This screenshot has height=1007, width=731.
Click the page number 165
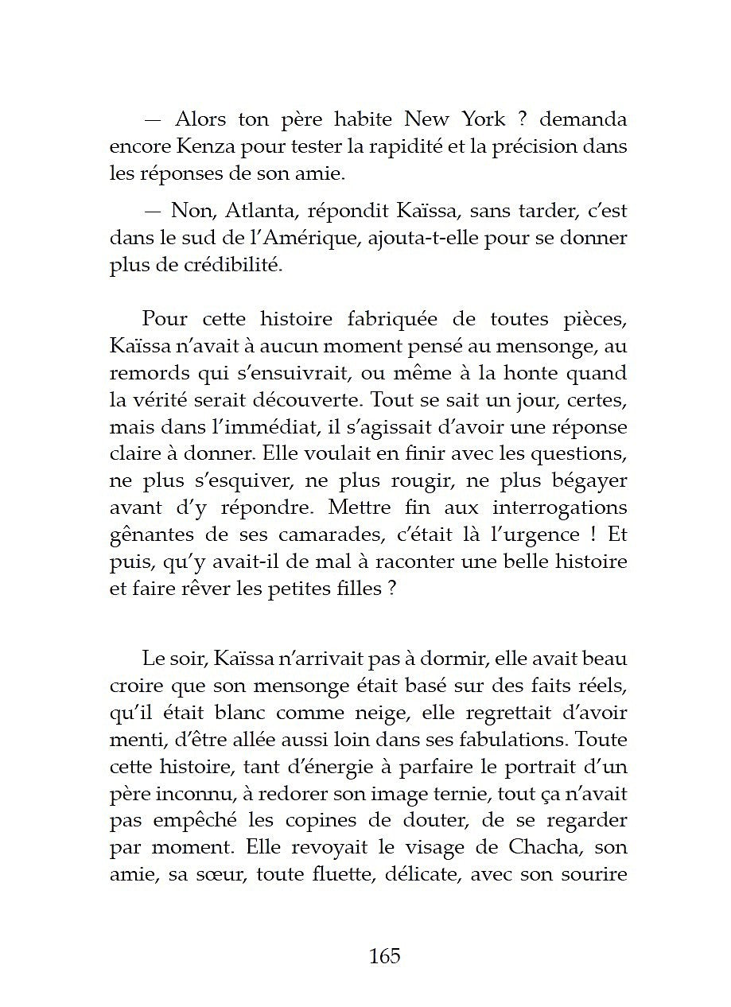384,955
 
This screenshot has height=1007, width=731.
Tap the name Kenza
198,146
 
